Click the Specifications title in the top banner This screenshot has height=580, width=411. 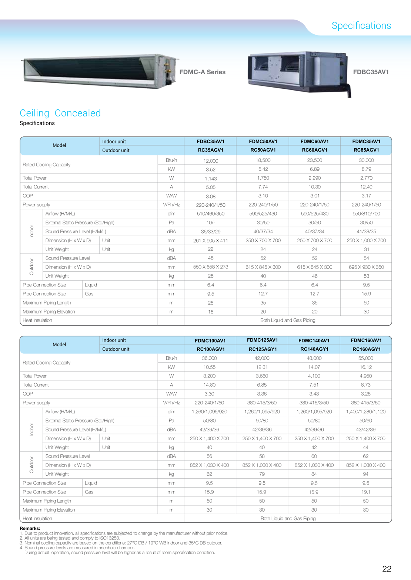click(361, 26)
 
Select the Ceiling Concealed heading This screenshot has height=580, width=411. click(60, 113)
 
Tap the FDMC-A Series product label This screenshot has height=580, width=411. click(202, 72)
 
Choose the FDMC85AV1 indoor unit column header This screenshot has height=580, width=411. click(366, 142)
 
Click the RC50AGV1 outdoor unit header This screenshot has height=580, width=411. click(263, 150)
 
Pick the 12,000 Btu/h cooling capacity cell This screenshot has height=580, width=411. click(211, 161)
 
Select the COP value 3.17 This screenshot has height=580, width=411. click(366, 196)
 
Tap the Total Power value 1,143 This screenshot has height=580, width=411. click(211, 179)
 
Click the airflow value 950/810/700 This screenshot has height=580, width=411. click(366, 214)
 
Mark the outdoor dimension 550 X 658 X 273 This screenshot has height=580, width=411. click(211, 267)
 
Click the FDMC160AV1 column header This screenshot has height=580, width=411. click(366, 340)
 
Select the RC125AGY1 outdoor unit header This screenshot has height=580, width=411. click(263, 349)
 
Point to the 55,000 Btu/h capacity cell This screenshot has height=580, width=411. click(365, 358)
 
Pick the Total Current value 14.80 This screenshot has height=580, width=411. click(209, 385)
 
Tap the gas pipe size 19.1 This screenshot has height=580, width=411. click(365, 492)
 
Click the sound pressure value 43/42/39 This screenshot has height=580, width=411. click(365, 430)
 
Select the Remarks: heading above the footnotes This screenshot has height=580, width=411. click(30, 529)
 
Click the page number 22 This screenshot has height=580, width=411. click(387, 569)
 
